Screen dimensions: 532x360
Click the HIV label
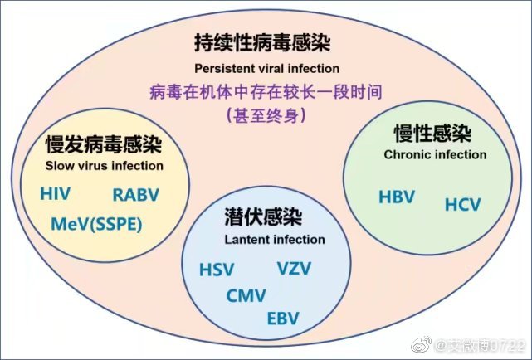[x=56, y=193]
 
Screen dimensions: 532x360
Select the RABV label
[x=136, y=195]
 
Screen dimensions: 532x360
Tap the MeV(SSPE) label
[x=97, y=224]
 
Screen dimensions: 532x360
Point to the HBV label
[x=397, y=197]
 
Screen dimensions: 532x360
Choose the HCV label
[x=463, y=204]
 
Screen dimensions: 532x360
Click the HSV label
[x=217, y=270]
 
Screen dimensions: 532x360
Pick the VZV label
[x=294, y=268]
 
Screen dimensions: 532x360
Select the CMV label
[x=246, y=295]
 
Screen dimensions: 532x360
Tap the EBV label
[x=283, y=319]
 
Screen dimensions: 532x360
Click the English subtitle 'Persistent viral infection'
[x=267, y=69]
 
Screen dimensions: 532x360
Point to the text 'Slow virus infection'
[x=105, y=166]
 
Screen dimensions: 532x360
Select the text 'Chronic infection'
[x=435, y=155]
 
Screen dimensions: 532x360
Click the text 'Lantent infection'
[x=275, y=240]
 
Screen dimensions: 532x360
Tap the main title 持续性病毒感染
[x=262, y=43]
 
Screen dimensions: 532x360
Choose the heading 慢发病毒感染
[x=104, y=144]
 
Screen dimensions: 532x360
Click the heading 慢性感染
[x=432, y=134]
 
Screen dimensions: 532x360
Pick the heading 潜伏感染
[x=263, y=216]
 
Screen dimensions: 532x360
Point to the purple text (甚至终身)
[x=266, y=115]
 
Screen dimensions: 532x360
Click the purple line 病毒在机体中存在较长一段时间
[x=266, y=92]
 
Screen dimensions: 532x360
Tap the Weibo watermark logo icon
[x=421, y=345]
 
